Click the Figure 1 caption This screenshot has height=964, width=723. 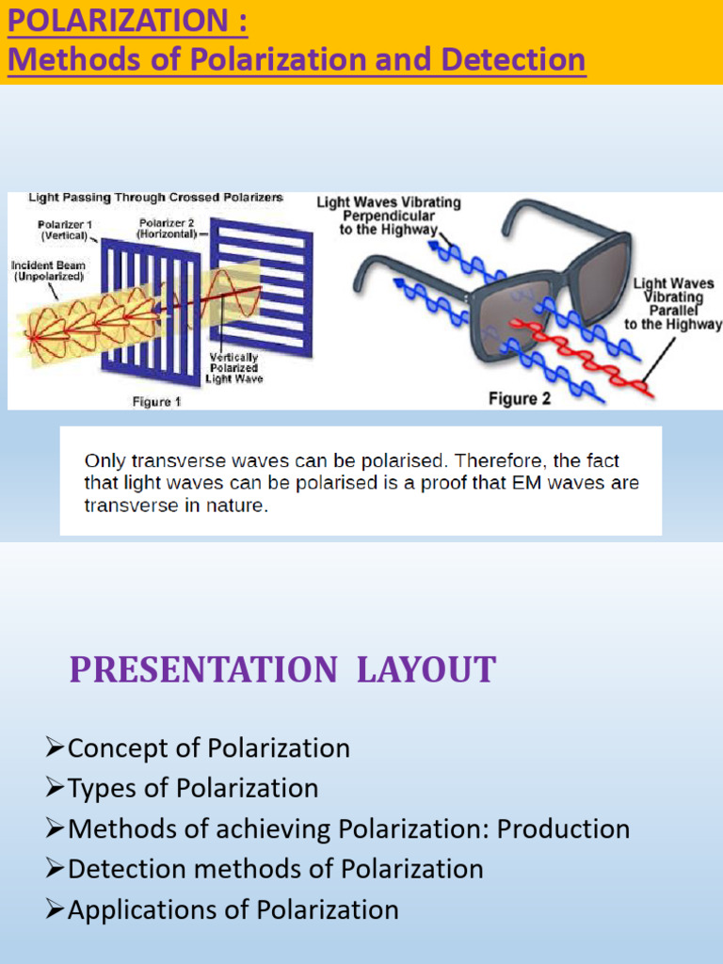coord(157,401)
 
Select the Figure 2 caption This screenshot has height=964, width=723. coord(520,399)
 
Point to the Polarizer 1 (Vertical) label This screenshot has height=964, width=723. coord(63,230)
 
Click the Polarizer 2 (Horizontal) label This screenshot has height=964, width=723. coord(168,227)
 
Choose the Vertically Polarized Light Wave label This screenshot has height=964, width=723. coord(234,368)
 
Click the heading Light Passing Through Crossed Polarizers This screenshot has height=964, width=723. coord(155,199)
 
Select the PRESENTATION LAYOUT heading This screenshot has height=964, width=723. coord(282,670)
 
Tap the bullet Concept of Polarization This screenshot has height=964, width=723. coord(208,748)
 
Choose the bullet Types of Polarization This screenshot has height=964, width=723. coord(193,788)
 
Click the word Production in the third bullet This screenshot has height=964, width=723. coord(563,829)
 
